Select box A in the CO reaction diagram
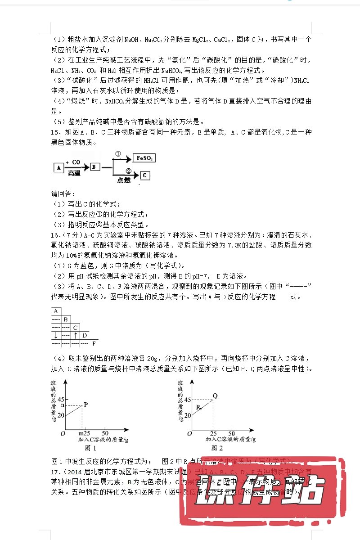[58, 167]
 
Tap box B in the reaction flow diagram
[95, 167]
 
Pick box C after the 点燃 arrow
[144, 175]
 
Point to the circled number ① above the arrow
[118, 154]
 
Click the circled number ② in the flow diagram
[128, 171]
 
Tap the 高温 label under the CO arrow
[75, 173]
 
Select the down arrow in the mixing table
[56, 335]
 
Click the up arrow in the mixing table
[76, 335]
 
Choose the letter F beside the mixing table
[94, 344]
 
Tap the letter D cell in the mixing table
[85, 335]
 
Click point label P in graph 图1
[85, 404]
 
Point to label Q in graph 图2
[215, 396]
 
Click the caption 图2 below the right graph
[217, 448]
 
